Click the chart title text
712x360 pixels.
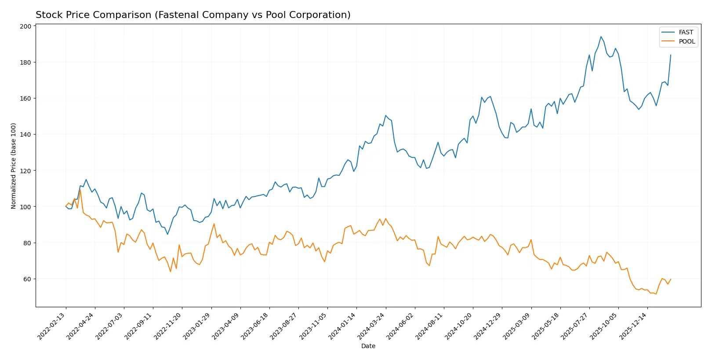click(193, 15)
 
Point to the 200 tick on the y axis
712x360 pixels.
click(25, 26)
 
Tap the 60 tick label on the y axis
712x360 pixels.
click(27, 279)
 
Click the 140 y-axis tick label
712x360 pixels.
click(25, 135)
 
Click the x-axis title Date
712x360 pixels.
click(368, 346)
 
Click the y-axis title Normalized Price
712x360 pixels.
click(14, 166)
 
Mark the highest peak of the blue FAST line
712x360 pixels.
click(601, 36)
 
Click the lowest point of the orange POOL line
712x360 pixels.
click(656, 294)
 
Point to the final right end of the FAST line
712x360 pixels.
click(671, 55)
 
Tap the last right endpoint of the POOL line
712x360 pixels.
click(671, 279)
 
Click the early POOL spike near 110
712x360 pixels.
click(80, 189)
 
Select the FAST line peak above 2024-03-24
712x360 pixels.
click(385, 116)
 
